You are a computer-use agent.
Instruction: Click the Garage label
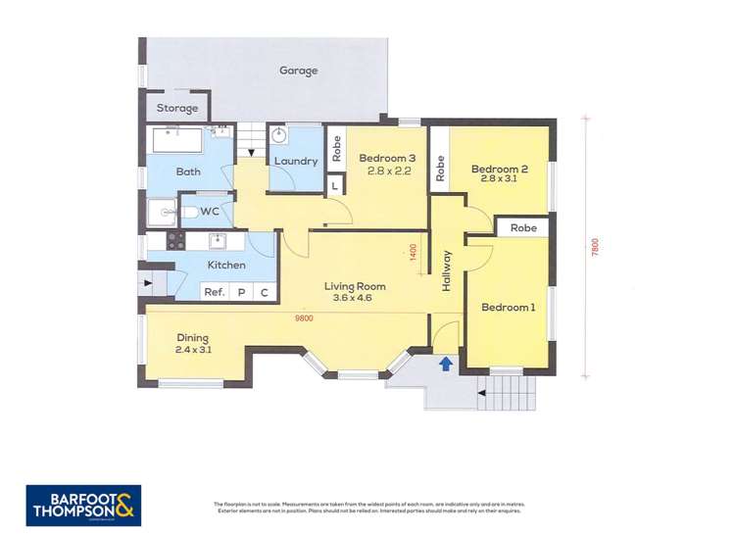coord(299,71)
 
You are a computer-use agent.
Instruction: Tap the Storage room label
coord(177,108)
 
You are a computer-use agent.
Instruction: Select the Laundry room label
coord(295,161)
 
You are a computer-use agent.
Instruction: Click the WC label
coord(210,211)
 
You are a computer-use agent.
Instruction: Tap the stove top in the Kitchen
coord(175,240)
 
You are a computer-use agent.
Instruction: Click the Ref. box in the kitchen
coord(214,292)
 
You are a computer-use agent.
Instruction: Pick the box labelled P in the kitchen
coord(241,292)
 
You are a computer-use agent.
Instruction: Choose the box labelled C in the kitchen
coord(265,292)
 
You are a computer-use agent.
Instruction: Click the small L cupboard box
coord(334,185)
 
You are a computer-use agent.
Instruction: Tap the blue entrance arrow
coord(446,364)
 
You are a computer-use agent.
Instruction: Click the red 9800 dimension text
coord(307,317)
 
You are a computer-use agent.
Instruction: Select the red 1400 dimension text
coord(415,253)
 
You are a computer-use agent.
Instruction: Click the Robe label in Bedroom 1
coord(523,227)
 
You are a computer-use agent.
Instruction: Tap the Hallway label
coord(447,270)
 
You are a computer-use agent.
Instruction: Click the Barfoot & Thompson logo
coord(83,506)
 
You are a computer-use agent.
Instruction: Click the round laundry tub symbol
coord(279,135)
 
